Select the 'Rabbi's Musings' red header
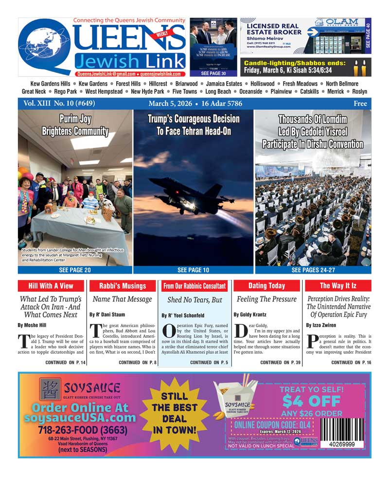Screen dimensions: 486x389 click(x=123, y=286)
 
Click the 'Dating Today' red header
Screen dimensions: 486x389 click(x=266, y=286)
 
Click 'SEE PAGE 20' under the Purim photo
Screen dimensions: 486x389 click(x=75, y=270)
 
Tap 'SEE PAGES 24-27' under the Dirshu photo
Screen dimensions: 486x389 click(x=313, y=270)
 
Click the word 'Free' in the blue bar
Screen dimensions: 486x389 click(x=360, y=104)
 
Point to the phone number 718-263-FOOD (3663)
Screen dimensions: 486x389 click(x=83, y=430)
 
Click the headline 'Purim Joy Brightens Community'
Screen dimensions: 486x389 click(x=75, y=125)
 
